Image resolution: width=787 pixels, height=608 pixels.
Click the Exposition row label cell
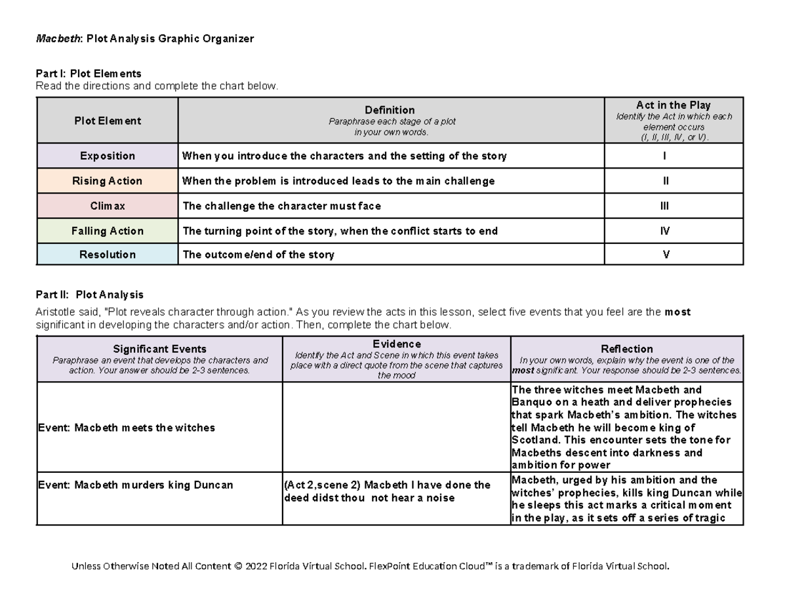pos(107,156)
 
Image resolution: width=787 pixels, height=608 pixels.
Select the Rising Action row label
pos(107,181)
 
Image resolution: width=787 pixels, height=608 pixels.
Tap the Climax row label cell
pos(107,206)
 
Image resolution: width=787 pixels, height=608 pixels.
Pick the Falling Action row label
pos(107,231)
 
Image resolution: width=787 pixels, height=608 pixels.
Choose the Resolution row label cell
pos(107,254)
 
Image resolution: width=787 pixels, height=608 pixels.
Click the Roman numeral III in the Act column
pos(665,206)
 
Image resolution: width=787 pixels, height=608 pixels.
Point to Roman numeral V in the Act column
pos(666,254)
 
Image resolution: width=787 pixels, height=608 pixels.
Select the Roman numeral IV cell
pos(666,231)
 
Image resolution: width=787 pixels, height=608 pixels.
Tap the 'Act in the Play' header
pos(673,105)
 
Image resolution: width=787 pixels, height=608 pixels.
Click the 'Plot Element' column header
pos(107,121)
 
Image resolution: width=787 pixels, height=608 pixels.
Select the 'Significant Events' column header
pos(159,349)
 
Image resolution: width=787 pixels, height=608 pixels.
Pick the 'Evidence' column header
pos(396,344)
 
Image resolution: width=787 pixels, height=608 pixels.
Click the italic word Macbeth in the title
pos(57,39)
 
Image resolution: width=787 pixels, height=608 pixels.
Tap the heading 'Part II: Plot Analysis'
pos(89,295)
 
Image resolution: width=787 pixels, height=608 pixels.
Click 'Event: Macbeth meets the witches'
pos(126,428)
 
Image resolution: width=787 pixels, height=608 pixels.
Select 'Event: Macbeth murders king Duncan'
pos(134,485)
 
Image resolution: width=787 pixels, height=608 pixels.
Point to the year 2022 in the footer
pos(258,566)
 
